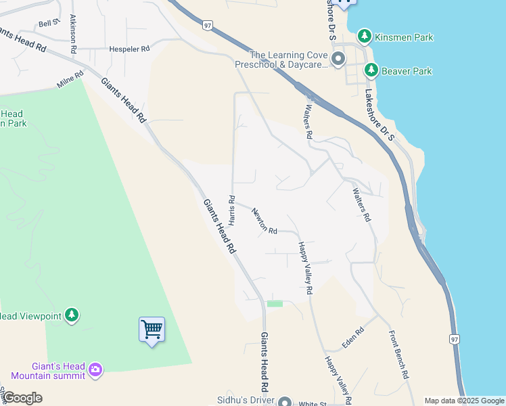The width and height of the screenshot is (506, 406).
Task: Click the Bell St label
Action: [49, 22]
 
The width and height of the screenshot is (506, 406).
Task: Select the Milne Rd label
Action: [70, 81]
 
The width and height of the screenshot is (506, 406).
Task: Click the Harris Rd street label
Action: [231, 210]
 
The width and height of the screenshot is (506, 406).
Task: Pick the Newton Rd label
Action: [264, 221]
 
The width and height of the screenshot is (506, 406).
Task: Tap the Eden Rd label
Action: [353, 338]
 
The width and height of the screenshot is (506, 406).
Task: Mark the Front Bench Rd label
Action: [399, 354]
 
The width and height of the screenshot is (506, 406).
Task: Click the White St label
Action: [314, 403]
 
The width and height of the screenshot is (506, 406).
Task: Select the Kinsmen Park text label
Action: [404, 37]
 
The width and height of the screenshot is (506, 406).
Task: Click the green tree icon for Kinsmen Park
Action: [365, 36]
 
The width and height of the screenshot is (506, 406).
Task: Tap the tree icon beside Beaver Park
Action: [371, 70]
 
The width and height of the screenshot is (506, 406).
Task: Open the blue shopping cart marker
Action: [152, 330]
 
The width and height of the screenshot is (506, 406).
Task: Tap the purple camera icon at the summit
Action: [95, 369]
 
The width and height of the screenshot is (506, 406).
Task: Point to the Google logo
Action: [22, 398]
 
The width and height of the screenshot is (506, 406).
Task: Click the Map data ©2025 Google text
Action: [464, 401]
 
